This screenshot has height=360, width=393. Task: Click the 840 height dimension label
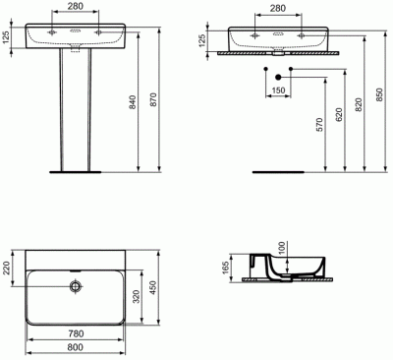click(x=132, y=102)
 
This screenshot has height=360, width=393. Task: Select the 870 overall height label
click(x=153, y=100)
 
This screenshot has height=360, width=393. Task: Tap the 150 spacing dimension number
click(x=278, y=90)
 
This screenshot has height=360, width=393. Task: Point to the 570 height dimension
click(x=319, y=125)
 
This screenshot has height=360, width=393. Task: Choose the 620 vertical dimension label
click(x=339, y=115)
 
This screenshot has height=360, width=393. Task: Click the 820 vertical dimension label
click(x=359, y=104)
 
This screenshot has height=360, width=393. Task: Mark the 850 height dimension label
click(x=379, y=94)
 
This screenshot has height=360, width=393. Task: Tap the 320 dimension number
click(x=137, y=296)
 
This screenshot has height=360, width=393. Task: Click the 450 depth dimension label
click(x=153, y=288)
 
